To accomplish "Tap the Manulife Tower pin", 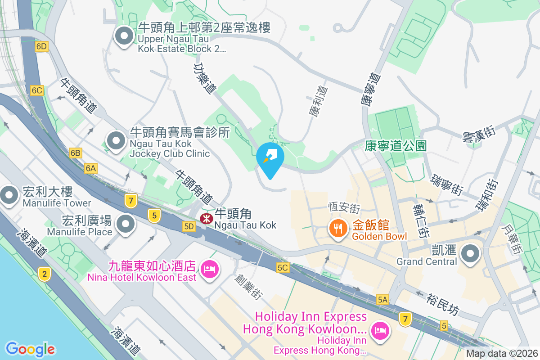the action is [9, 195].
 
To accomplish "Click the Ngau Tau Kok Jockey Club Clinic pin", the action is [117, 141].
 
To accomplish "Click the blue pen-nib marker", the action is [270, 158].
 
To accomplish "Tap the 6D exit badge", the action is [41, 46].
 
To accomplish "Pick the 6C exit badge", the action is [37, 90].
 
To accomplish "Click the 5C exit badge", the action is [283, 268].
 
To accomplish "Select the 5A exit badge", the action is [382, 299].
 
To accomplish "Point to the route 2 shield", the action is [44, 274].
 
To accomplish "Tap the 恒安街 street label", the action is [344, 208].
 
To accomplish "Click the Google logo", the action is [30, 349].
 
